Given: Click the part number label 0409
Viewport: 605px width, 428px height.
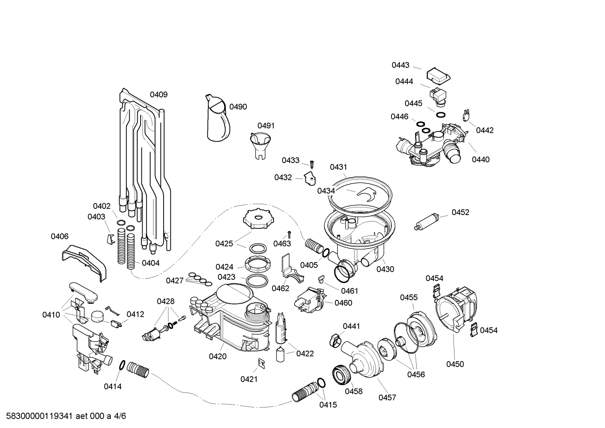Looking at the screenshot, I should point(159,95).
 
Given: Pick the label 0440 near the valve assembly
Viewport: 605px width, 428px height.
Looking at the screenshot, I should point(480,160).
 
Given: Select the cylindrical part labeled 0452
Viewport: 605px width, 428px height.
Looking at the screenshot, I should point(427,221).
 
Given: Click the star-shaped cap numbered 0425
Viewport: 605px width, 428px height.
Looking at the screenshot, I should point(255,220).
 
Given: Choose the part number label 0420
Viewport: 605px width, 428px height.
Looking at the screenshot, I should point(217,357).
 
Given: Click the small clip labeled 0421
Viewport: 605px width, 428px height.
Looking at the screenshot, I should point(261,363).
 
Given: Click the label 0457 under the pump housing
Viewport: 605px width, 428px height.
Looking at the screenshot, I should point(387,397).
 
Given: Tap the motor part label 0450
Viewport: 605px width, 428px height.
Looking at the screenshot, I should point(455,364).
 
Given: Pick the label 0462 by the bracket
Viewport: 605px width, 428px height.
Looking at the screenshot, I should point(280,288).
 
